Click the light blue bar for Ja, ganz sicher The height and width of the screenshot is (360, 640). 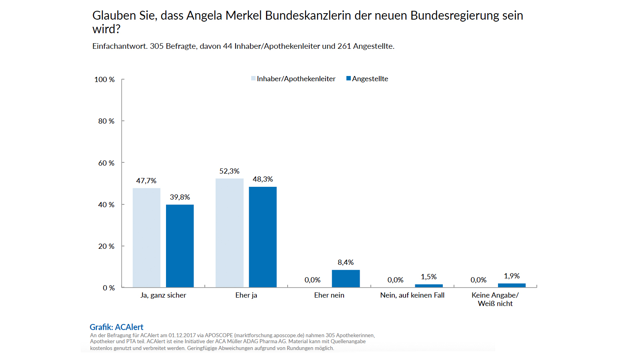coord(146,238)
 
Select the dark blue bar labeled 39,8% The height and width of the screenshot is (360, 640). coord(180,246)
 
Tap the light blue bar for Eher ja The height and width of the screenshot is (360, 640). coord(229,233)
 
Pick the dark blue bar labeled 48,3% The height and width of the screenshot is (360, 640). coord(262,237)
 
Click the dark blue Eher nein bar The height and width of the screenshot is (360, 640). coord(346,278)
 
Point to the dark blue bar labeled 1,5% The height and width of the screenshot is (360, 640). coord(429,286)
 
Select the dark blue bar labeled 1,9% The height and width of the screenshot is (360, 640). coord(512,285)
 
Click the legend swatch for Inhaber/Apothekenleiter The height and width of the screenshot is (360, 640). coord(253,78)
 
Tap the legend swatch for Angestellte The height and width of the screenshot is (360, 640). coord(348,78)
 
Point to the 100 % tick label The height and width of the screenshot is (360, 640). coord(104,80)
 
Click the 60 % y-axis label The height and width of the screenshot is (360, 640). coord(106,163)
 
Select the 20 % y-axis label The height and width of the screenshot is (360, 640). coord(106,246)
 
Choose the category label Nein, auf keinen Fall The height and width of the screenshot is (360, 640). coord(412,295)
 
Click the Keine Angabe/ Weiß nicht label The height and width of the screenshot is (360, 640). coord(495,299)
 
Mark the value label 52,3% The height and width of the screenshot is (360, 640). coord(229,171)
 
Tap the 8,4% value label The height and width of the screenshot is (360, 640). coord(346,262)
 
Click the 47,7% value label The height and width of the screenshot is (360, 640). coord(146,181)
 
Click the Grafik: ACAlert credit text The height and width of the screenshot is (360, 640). coord(116,327)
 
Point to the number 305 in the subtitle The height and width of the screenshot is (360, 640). coord(157,46)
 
